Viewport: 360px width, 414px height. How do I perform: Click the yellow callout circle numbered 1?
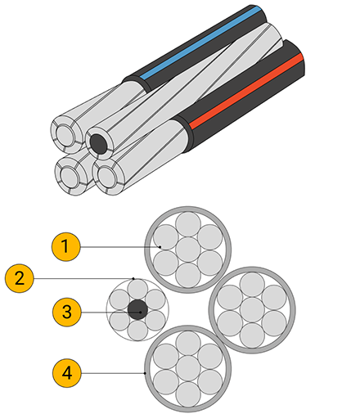coord(66,246)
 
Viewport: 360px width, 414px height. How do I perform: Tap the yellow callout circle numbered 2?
coord(20,278)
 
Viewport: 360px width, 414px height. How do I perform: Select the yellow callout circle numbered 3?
coord(67,312)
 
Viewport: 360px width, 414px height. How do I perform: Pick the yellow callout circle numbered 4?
coord(67,373)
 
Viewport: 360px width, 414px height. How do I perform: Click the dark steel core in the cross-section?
coord(137,309)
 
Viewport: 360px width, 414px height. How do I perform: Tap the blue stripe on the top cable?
coord(201,43)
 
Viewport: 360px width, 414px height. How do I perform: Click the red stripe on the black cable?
coord(246,91)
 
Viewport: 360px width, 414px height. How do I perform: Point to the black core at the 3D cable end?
coord(98,143)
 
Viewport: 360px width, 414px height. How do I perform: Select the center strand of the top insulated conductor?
coord(188,250)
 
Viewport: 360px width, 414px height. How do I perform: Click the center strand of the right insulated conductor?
coord(252,310)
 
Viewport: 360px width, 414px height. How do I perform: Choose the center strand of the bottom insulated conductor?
coord(188,368)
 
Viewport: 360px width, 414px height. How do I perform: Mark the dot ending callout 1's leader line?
coord(160,247)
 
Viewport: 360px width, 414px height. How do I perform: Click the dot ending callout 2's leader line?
coord(133,278)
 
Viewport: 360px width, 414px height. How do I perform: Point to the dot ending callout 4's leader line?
coord(145,373)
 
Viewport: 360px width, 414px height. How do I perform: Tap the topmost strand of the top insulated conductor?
coord(188,224)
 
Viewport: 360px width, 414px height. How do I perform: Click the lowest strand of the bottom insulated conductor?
coord(188,394)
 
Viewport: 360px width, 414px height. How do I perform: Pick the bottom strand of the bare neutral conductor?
coord(137,331)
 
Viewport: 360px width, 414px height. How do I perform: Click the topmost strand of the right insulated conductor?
coord(252,285)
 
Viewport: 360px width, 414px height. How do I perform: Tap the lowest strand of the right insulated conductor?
coord(252,335)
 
